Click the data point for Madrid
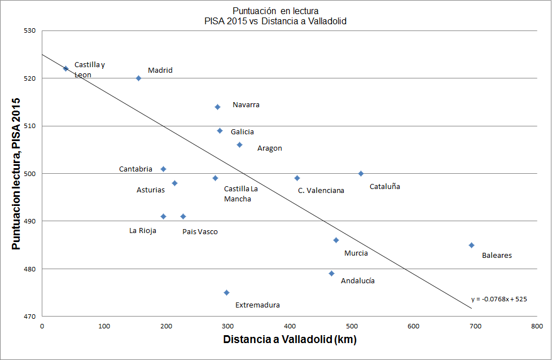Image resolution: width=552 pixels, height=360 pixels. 138,78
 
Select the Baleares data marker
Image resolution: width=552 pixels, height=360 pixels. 471,245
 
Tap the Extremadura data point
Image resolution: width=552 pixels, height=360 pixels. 226,292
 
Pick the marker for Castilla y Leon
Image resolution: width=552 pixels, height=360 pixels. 65,69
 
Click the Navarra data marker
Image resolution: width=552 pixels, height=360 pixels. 217,107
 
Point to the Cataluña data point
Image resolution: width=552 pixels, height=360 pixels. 361,173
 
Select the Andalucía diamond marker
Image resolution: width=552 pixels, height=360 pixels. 331,274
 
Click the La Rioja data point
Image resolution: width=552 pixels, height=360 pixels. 163,216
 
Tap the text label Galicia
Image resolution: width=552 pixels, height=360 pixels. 242,131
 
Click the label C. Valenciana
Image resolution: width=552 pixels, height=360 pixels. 321,191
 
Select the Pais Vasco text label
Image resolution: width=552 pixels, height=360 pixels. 199,231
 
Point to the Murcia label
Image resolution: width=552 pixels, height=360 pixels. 356,253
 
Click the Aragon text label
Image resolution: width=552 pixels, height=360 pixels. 269,148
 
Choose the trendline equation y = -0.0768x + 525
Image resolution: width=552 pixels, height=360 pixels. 498,299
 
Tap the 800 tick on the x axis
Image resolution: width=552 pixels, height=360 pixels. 537,326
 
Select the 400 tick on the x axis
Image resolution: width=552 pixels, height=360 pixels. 290,326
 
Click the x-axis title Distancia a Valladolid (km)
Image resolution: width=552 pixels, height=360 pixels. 290,340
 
